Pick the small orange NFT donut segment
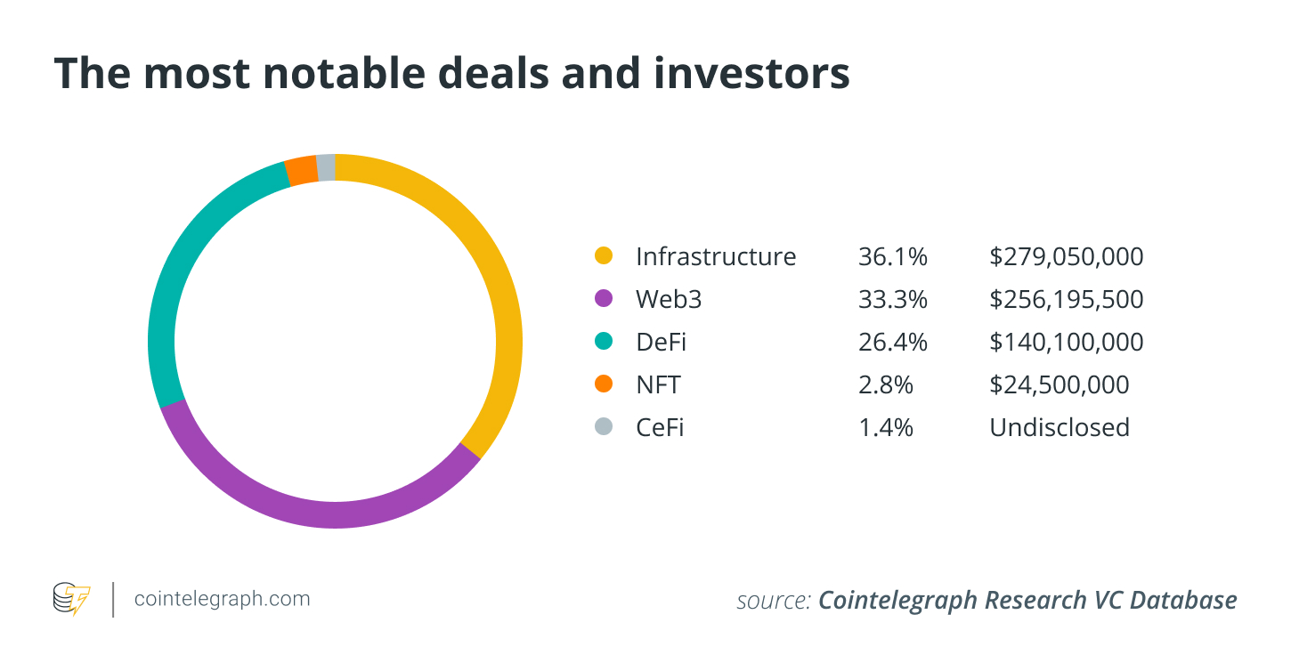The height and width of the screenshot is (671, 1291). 301,170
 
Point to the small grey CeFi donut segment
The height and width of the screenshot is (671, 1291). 326,167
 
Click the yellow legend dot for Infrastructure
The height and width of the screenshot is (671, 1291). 604,256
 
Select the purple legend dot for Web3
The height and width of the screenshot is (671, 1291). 604,299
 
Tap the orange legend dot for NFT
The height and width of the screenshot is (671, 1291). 604,384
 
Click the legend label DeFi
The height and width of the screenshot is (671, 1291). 662,342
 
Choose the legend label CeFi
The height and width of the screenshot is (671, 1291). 660,427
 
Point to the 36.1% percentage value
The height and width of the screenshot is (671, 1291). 893,256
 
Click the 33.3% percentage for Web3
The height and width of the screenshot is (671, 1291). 893,299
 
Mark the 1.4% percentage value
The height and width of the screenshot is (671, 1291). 886,427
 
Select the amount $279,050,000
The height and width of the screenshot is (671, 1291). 1066,256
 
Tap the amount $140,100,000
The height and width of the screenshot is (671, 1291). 1066,342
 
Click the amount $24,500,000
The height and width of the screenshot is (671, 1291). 1059,384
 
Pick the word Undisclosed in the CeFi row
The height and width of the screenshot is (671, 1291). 1060,427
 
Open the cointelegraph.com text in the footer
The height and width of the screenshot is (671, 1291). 222,599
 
